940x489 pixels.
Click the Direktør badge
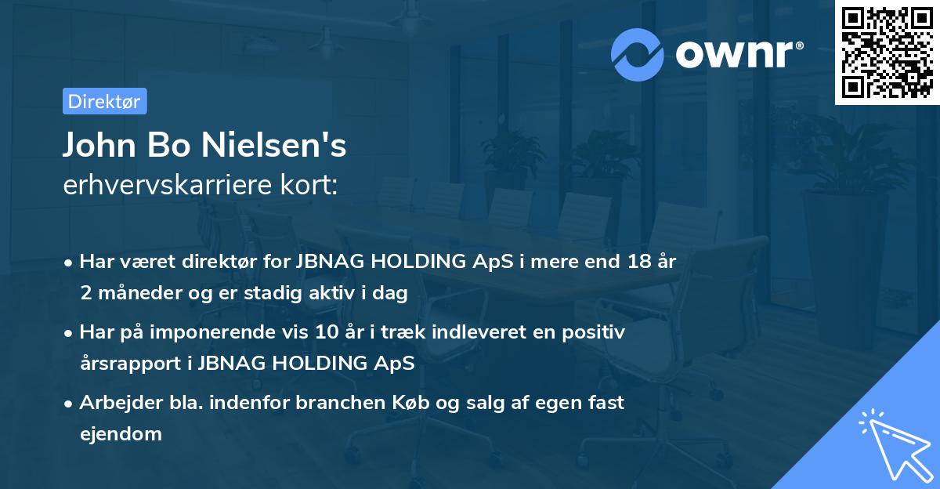pyautogui.click(x=104, y=101)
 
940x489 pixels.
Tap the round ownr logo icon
pyautogui.click(x=638, y=53)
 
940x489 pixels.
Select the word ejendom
pyautogui.click(x=121, y=433)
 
